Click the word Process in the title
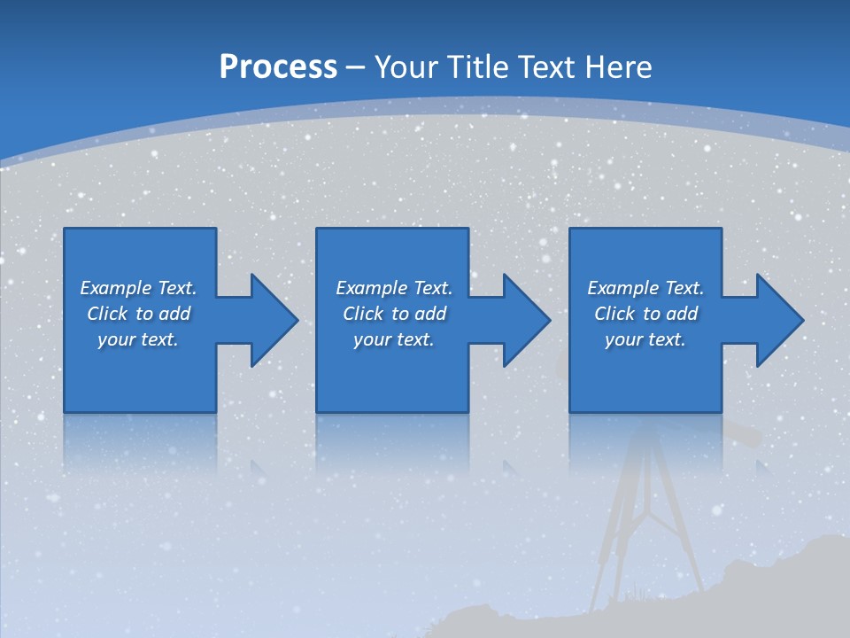point(278,67)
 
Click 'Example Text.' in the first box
point(138,288)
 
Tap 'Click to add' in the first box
point(138,314)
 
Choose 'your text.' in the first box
point(138,339)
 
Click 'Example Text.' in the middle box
point(393,288)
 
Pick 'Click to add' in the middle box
point(393,314)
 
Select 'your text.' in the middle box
point(393,339)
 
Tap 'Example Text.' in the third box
point(645,288)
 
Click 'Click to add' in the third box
point(645,314)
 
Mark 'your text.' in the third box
point(645,339)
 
